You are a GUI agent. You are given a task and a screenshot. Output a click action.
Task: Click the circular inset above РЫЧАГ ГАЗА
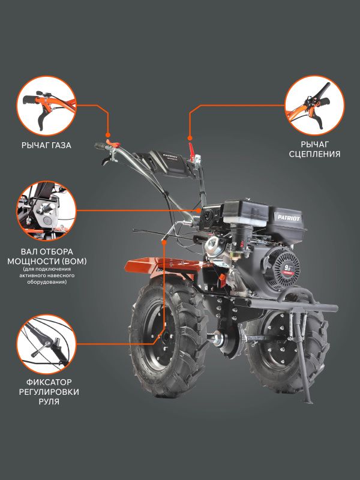point(46,106)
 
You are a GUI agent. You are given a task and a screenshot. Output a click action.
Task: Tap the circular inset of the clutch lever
point(314,106)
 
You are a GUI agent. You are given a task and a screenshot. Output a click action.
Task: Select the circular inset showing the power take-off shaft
point(46,211)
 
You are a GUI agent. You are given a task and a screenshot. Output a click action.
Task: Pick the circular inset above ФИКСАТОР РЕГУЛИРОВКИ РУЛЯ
point(46,344)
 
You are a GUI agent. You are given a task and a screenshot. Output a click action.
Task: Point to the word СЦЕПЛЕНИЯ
point(314,154)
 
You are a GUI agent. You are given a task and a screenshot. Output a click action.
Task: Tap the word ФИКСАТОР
point(49,382)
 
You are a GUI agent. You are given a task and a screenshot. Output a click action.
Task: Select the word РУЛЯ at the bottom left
point(49,401)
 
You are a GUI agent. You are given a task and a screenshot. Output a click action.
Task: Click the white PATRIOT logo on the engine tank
point(289,218)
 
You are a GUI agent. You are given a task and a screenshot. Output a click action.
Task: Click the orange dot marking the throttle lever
point(108,134)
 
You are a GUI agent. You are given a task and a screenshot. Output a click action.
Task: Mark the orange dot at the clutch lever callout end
point(190,138)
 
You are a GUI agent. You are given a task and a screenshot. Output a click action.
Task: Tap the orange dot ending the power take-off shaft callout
point(199,211)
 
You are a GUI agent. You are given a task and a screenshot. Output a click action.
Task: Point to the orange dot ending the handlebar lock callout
point(164,242)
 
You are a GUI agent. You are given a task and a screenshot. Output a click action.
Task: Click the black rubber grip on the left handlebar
point(100,146)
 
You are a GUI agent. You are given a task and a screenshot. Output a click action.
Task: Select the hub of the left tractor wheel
point(166,337)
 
